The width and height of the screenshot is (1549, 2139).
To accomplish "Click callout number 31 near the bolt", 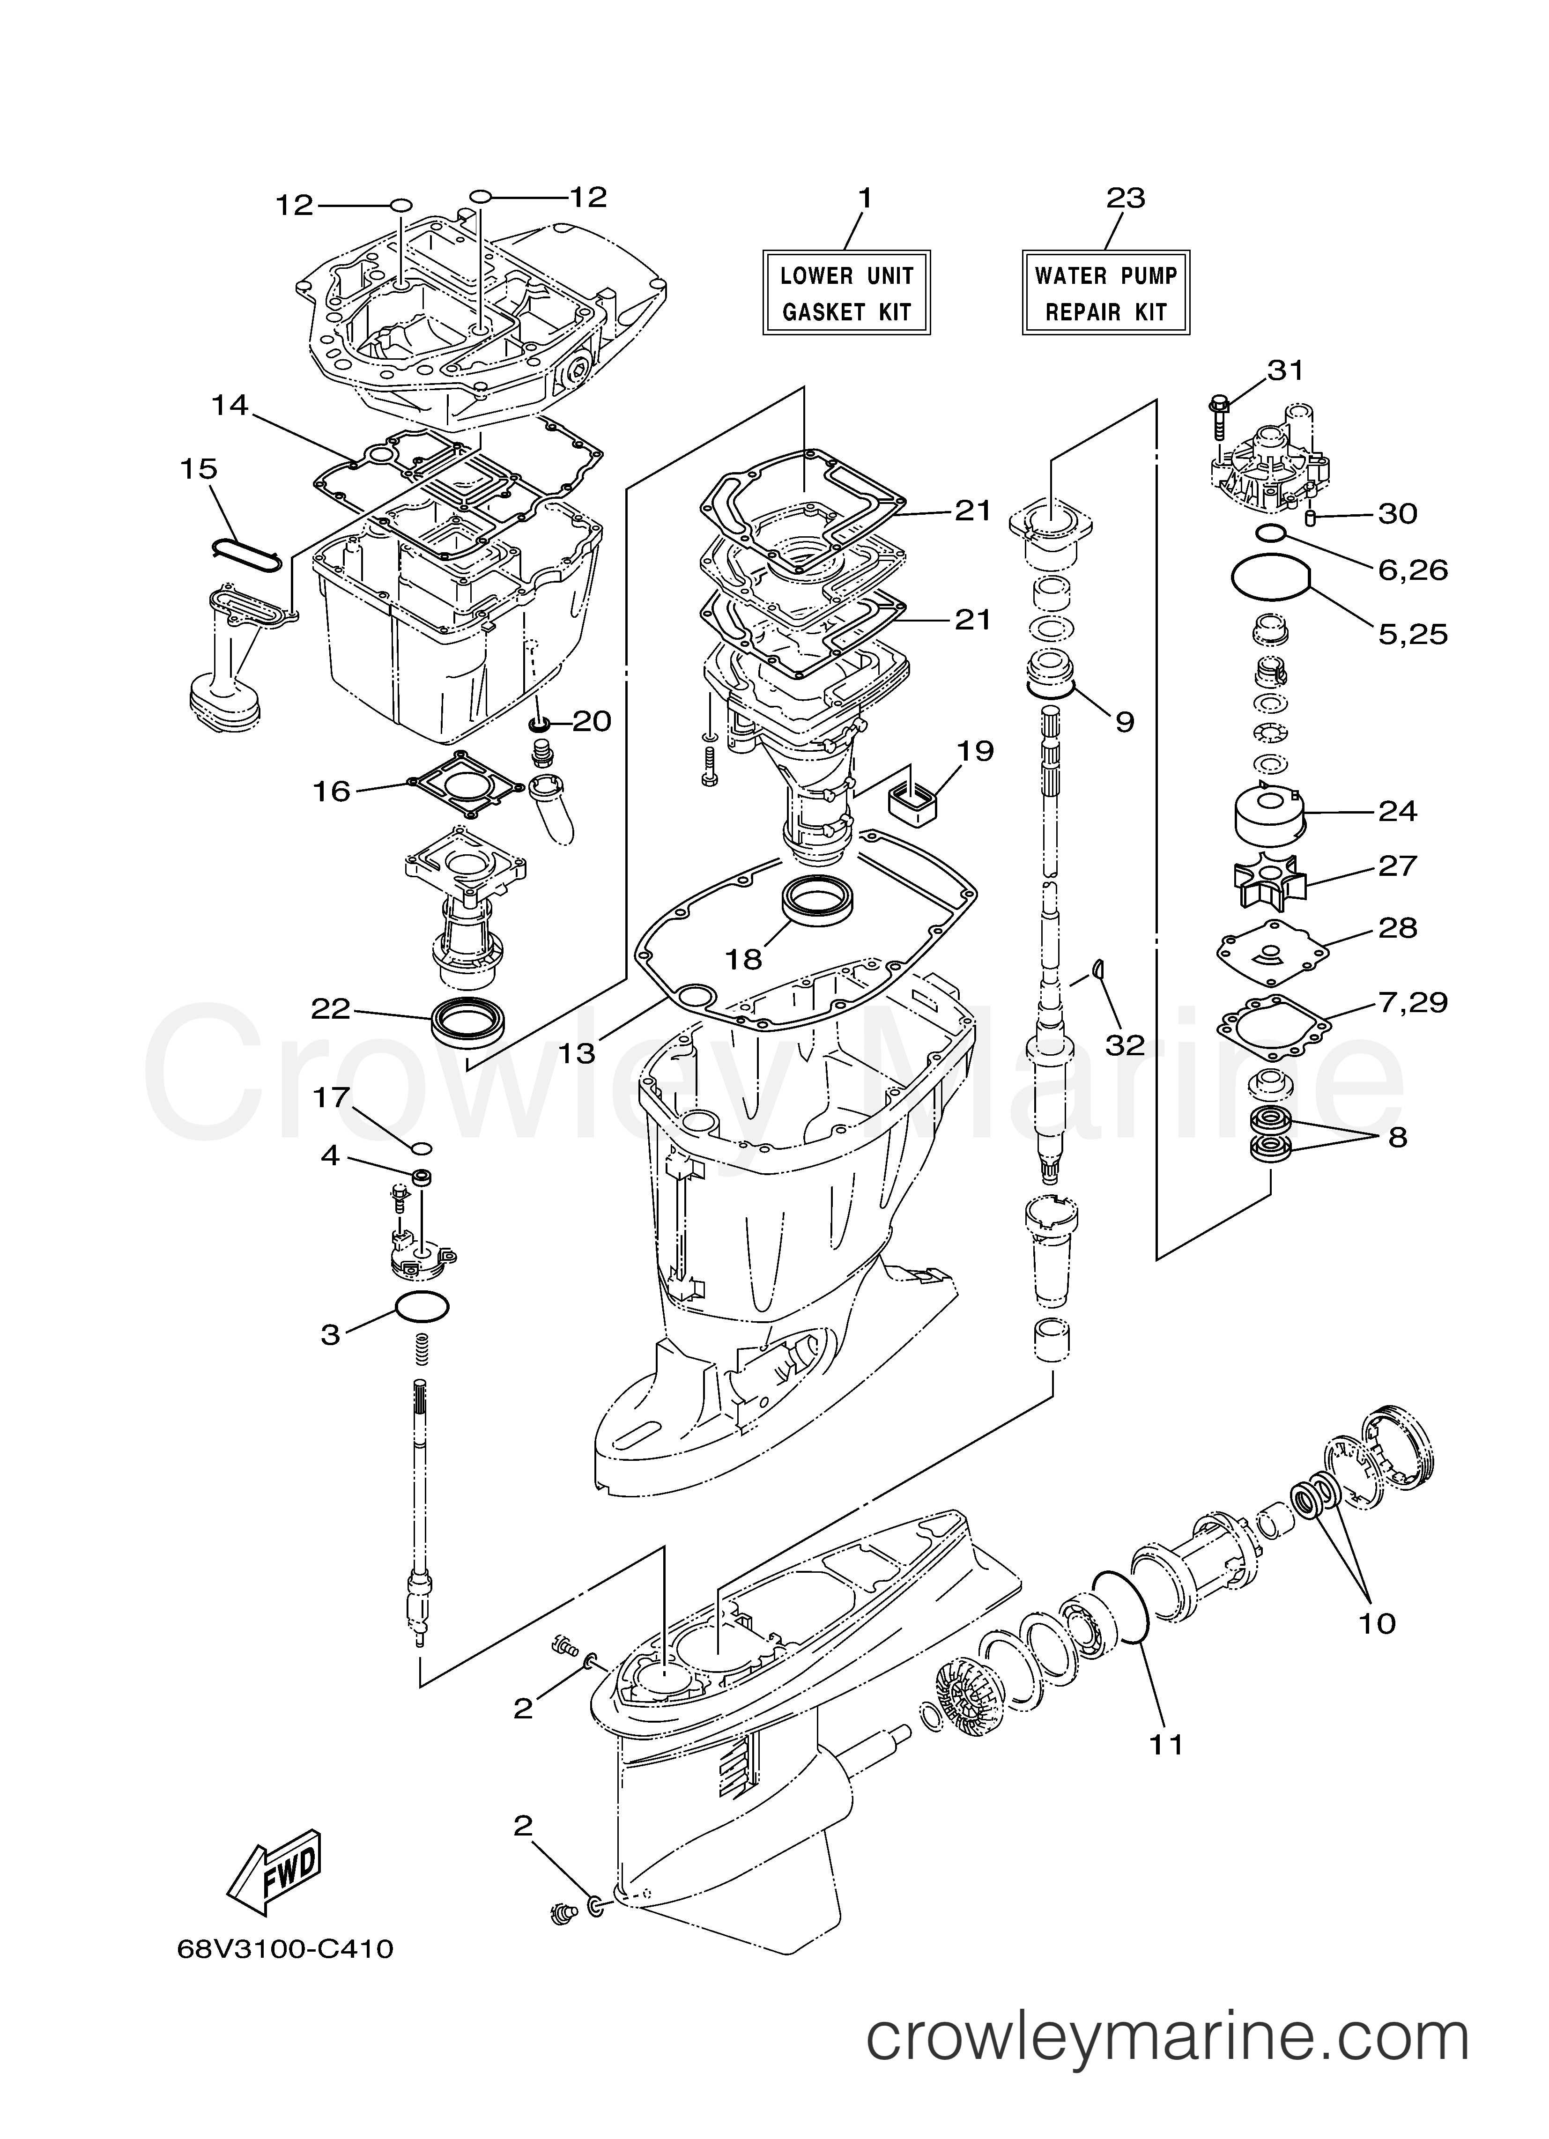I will point(1285,370).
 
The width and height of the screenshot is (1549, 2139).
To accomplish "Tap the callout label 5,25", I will point(1412,634).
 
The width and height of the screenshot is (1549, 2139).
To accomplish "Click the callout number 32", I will point(1125,1044).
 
